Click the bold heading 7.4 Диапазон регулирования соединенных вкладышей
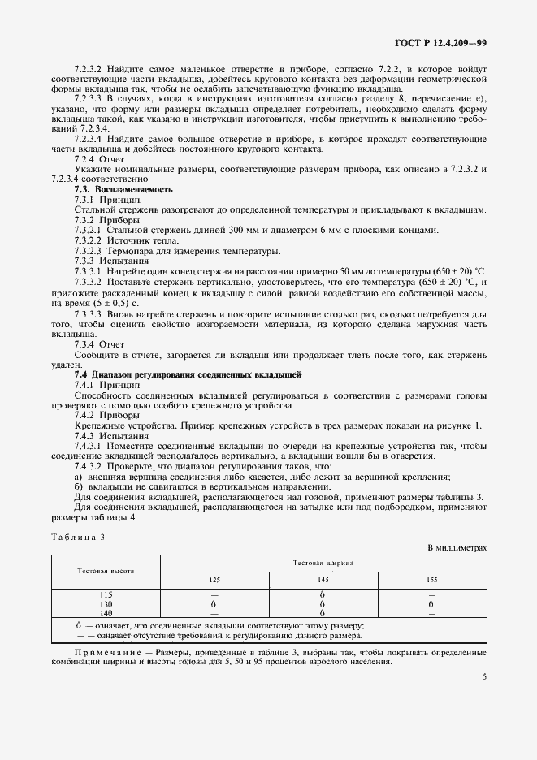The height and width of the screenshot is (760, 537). (x=188, y=374)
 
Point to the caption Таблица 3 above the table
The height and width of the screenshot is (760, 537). (x=80, y=537)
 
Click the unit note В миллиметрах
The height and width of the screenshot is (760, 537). (x=457, y=548)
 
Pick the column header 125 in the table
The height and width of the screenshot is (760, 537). (x=214, y=581)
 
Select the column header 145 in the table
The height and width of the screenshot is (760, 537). (x=323, y=581)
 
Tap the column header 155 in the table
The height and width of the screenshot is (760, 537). (x=431, y=581)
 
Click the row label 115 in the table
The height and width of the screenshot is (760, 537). (x=106, y=596)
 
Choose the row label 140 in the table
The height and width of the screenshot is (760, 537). (x=106, y=613)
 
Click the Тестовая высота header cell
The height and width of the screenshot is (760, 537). (x=106, y=572)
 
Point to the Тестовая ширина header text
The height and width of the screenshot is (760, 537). (x=323, y=562)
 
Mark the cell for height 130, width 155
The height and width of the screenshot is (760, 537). (x=431, y=605)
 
